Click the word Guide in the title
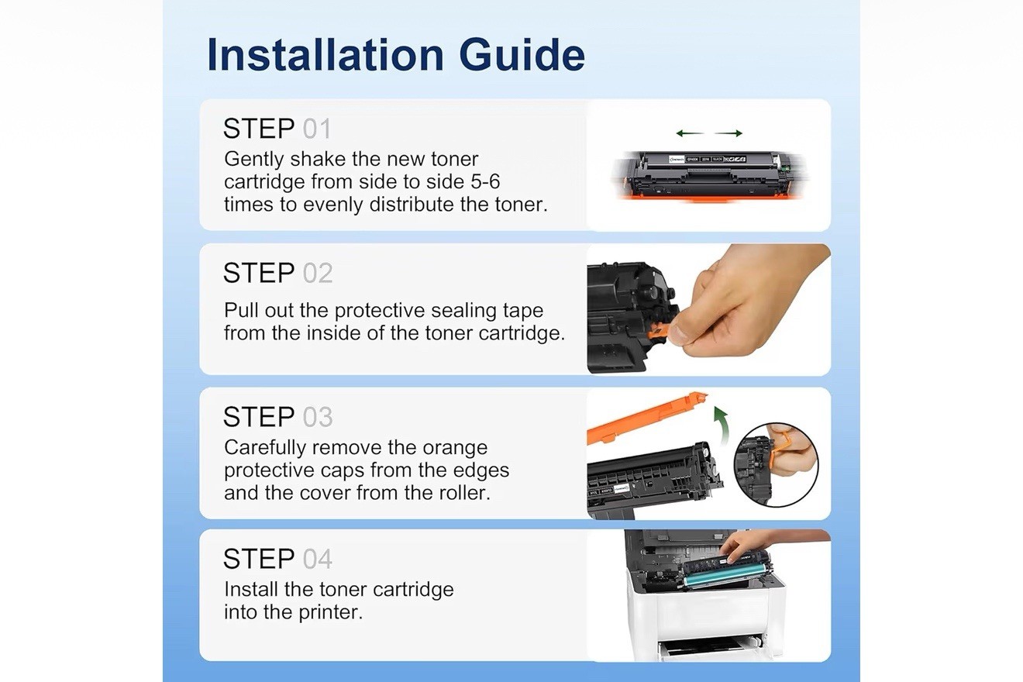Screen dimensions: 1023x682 pos(522,55)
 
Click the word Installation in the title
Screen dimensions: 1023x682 pos(325,55)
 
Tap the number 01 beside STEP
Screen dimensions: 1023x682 pos(316,129)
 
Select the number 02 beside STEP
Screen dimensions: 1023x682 pos(318,273)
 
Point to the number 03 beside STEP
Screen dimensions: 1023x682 pos(318,417)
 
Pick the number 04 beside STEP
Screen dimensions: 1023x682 pos(318,559)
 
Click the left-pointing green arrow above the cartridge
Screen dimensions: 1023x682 pos(690,133)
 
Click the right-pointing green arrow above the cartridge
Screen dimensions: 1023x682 pos(728,133)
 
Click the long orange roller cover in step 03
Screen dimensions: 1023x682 pos(646,418)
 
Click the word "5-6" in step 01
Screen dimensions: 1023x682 pos(486,182)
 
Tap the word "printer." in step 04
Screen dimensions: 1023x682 pos(331,612)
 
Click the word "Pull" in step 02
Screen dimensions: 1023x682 pos(241,310)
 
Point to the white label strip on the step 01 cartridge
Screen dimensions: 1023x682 pos(708,159)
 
